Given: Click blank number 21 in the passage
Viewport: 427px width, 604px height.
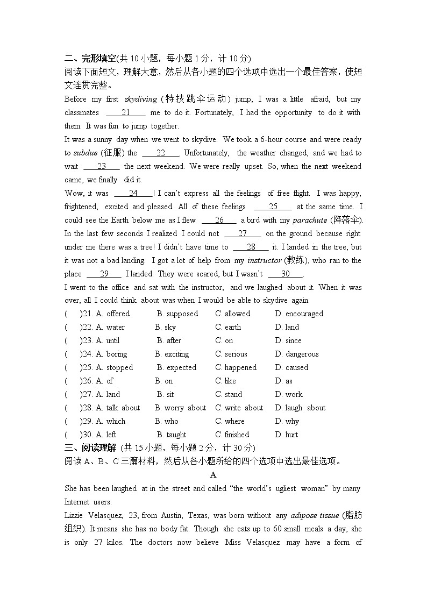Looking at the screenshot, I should (126, 112).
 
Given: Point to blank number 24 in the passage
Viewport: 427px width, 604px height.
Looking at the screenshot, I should (133, 193).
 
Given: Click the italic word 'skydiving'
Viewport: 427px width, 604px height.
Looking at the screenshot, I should (140, 99).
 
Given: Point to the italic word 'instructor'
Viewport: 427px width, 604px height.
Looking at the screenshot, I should (264, 260).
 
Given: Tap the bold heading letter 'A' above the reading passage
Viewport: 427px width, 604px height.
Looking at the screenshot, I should (213, 475).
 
